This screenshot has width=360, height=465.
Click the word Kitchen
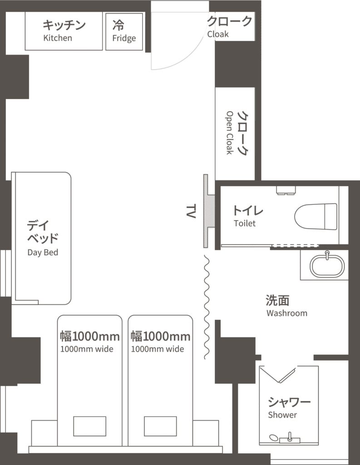pyautogui.click(x=58, y=38)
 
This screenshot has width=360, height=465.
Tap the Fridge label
pyautogui.click(x=124, y=39)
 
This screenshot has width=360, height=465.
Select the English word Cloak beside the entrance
pyautogui.click(x=218, y=34)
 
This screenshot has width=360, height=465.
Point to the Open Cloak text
pyautogui.click(x=230, y=133)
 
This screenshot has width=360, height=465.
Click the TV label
pyautogui.click(x=191, y=211)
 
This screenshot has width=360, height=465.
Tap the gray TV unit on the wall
pyautogui.click(x=209, y=211)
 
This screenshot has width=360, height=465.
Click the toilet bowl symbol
pyautogui.click(x=316, y=217)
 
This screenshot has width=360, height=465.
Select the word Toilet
pyautogui.click(x=245, y=223)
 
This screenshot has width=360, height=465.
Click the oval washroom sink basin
pyautogui.click(x=327, y=266)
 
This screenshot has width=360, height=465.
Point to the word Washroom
pyautogui.click(x=287, y=313)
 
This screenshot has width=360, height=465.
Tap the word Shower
pyautogui.click(x=282, y=415)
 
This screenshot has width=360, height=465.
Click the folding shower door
pyautogui.click(x=278, y=375)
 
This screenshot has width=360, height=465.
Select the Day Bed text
pyautogui.click(x=43, y=252)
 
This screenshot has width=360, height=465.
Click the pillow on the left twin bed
pyautogui.click(x=89, y=426)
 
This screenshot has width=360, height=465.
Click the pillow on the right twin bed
pyautogui.click(x=160, y=426)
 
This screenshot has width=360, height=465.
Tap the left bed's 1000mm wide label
pyautogui.click(x=87, y=349)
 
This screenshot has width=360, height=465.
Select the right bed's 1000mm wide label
pyautogui.click(x=158, y=349)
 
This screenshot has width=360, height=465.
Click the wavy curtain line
pyautogui.click(x=207, y=307)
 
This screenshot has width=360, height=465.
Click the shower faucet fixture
pyautogui.click(x=290, y=438)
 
